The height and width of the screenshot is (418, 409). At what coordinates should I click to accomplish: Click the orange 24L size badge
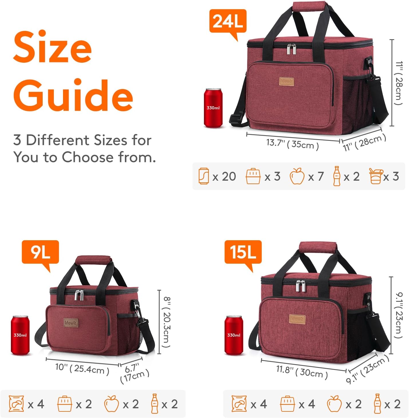(x=228, y=21)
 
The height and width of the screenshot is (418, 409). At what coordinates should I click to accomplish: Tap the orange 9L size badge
(x=40, y=252)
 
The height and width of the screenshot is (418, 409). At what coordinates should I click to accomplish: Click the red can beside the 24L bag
(x=213, y=108)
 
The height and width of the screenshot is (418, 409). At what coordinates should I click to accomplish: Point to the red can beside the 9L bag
(x=20, y=335)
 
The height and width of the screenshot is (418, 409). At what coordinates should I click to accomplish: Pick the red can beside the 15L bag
(x=234, y=335)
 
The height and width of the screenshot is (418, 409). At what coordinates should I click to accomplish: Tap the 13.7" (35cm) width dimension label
(x=292, y=144)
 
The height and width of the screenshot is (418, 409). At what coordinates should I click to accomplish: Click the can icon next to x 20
(x=204, y=176)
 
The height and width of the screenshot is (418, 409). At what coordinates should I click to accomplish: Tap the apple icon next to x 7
(x=297, y=176)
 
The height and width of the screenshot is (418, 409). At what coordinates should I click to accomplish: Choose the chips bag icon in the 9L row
(x=16, y=404)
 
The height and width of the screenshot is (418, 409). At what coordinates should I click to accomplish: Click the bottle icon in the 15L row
(x=377, y=404)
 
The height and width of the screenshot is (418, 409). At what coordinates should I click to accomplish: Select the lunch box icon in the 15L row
(x=287, y=404)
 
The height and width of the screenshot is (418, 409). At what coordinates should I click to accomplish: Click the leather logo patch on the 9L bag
(x=70, y=323)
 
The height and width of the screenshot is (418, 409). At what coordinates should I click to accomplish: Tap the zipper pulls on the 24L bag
(x=291, y=49)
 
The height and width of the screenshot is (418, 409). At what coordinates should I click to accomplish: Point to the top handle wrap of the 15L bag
(x=318, y=247)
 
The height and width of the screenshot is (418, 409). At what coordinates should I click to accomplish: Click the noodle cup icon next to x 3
(x=376, y=176)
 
